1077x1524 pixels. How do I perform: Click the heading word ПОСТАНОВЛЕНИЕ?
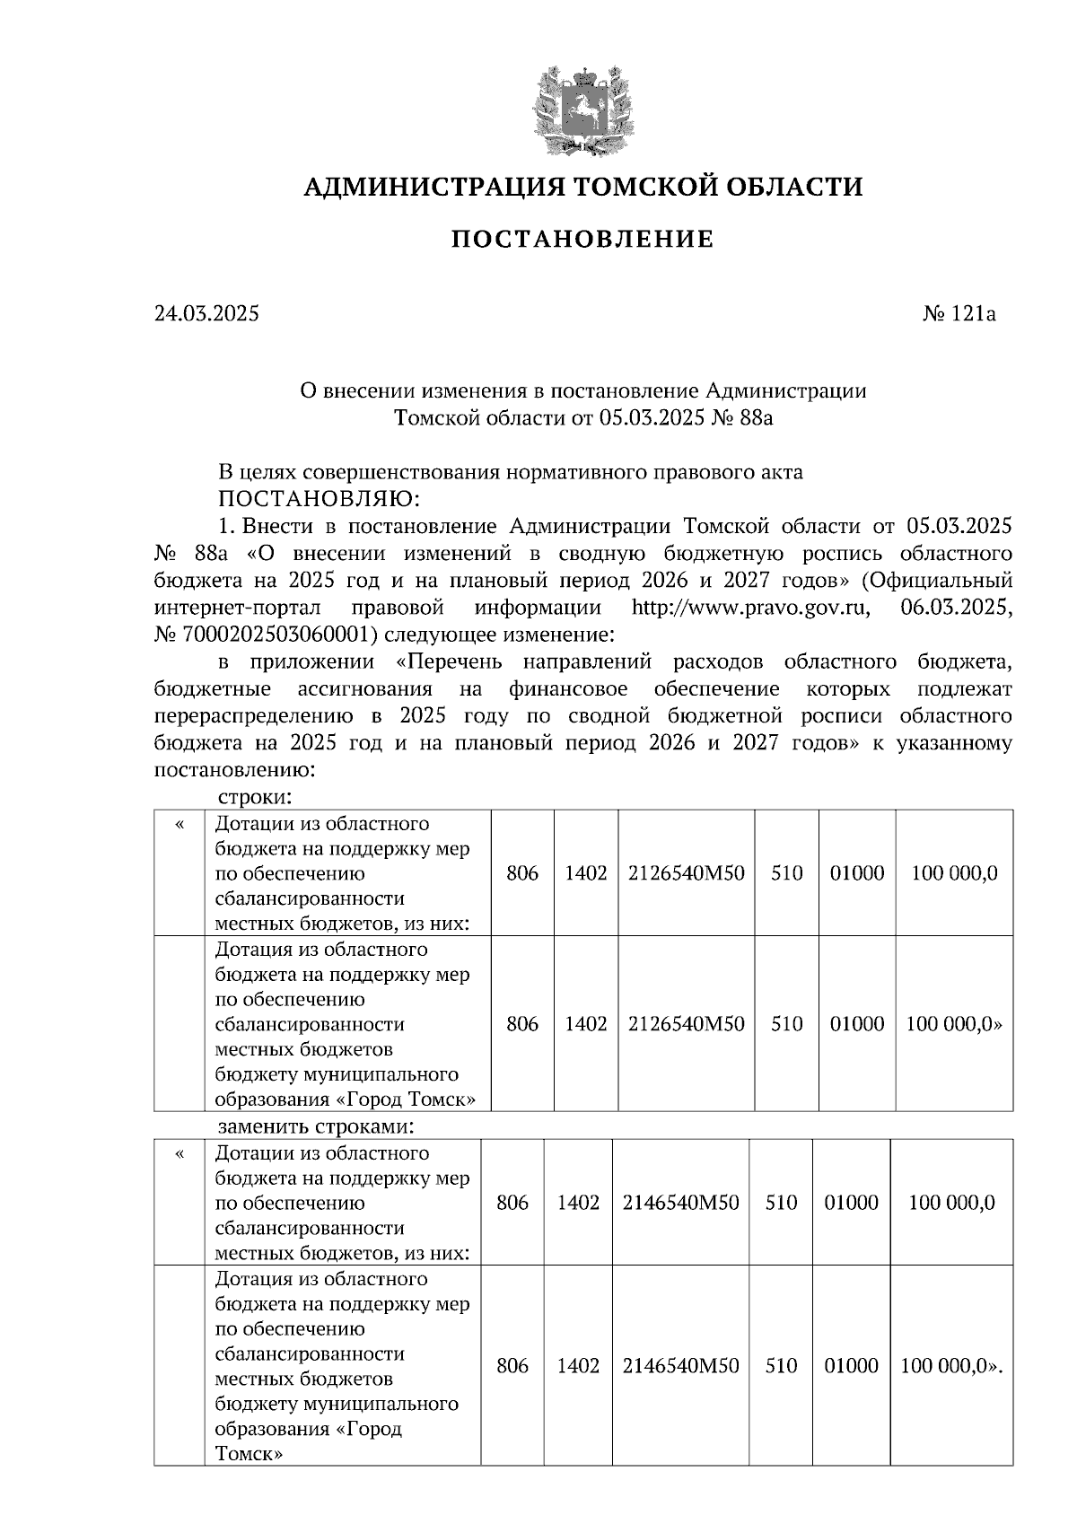[x=582, y=239]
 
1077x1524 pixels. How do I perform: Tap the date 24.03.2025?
[x=206, y=314]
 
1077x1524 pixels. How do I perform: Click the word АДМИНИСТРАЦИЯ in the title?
[x=433, y=187]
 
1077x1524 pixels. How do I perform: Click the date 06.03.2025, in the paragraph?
[x=955, y=608]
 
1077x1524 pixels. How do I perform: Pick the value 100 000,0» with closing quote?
[x=954, y=1024]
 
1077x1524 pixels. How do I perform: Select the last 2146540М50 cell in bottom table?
[x=681, y=1365]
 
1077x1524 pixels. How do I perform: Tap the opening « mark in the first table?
[x=179, y=824]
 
